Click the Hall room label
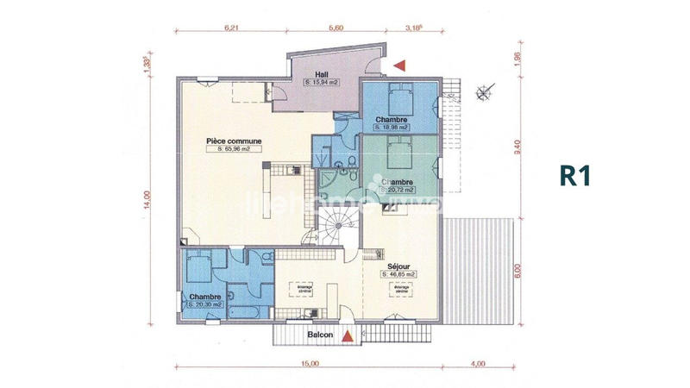[x=321, y=73]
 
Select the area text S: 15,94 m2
[x=322, y=82]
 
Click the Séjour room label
[x=398, y=266]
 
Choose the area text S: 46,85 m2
[x=398, y=274]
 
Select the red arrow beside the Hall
[x=398, y=65]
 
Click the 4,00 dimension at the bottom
[x=480, y=364]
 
